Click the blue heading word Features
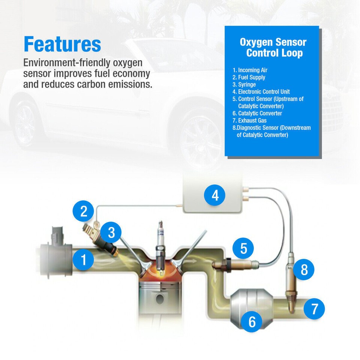pos(62,44)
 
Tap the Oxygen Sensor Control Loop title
pos(273,48)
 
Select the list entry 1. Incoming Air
pos(250,70)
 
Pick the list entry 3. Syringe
pos(244,84)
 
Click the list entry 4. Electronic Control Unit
pos(261,91)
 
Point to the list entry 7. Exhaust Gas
pos(249,120)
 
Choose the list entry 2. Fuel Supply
pos(249,77)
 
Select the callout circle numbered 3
pos(111,232)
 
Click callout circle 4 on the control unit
pos(215,195)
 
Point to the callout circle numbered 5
pos(243,248)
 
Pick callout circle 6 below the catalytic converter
pos(252,321)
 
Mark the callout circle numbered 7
pos(314,309)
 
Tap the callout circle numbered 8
pos(304,270)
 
